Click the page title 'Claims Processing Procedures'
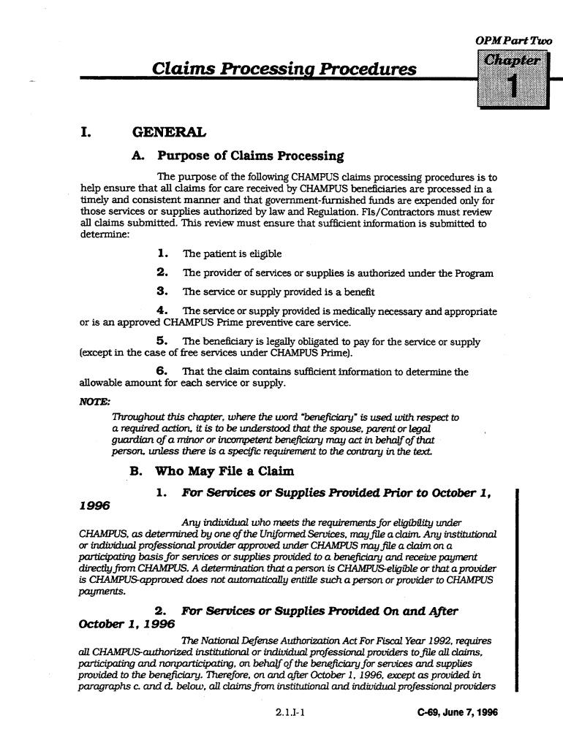coord(284,69)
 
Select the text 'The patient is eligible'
coord(232,254)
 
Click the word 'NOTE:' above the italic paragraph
coord(90,400)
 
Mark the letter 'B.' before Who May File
coord(135,470)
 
